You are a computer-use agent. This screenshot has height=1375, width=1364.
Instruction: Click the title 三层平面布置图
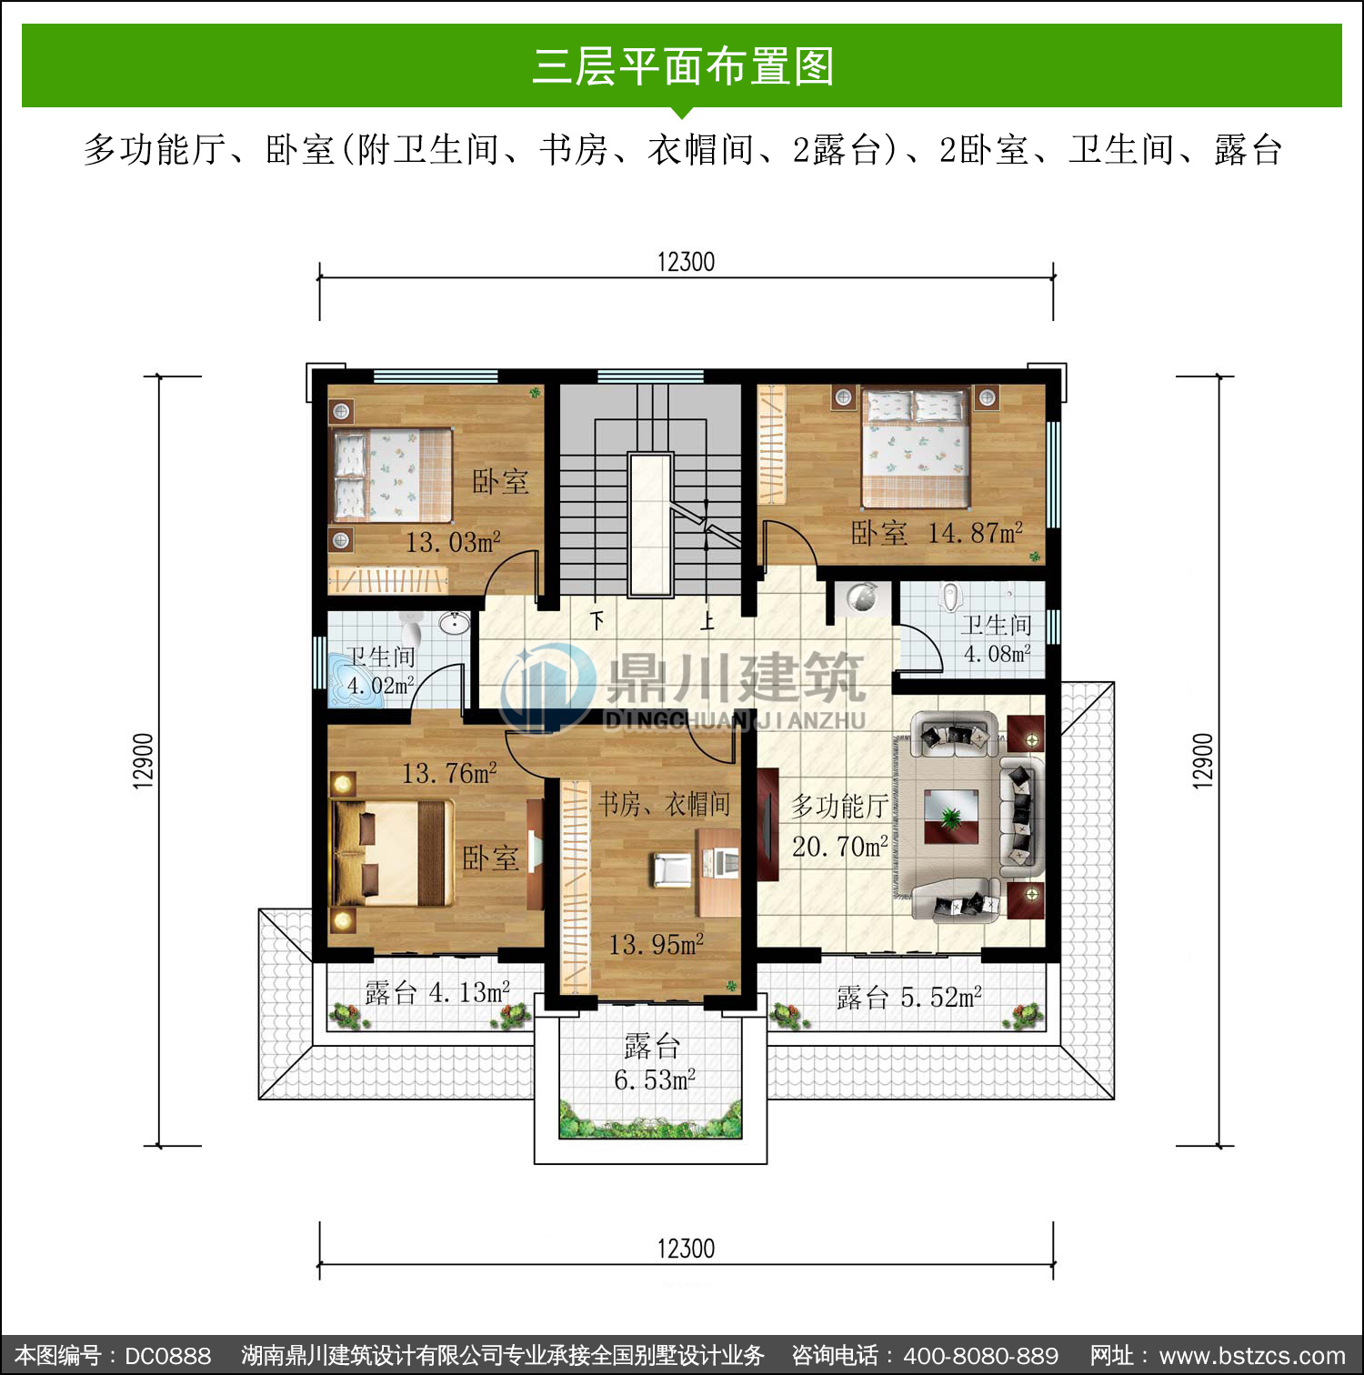(x=682, y=66)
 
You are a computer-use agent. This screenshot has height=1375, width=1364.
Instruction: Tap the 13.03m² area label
(x=453, y=542)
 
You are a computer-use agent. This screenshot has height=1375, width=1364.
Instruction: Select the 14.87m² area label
(x=975, y=532)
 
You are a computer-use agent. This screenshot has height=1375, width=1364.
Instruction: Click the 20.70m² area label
(x=839, y=847)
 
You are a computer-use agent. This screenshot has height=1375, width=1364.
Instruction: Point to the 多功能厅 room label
(x=839, y=806)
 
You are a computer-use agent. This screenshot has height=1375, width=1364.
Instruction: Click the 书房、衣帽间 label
(x=664, y=804)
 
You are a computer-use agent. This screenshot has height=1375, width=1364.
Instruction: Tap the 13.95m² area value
(x=656, y=945)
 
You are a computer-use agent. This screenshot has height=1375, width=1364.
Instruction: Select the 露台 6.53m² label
(x=654, y=1063)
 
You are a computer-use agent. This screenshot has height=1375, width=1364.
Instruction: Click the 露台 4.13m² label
(x=437, y=992)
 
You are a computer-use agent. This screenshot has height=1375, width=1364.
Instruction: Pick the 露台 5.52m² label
(x=909, y=998)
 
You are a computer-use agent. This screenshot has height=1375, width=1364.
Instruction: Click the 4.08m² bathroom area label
(x=998, y=654)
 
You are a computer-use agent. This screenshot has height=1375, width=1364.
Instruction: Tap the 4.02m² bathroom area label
(x=381, y=685)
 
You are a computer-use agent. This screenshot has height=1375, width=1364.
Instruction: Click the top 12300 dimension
(x=686, y=262)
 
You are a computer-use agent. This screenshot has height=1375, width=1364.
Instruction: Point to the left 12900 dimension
(x=144, y=760)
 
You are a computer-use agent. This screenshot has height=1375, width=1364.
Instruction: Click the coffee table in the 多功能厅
(x=951, y=817)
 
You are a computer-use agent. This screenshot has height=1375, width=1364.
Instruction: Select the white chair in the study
(x=672, y=869)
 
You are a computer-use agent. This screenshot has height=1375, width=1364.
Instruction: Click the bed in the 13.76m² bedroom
(x=393, y=853)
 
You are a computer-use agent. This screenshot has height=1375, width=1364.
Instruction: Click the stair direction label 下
(x=597, y=621)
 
